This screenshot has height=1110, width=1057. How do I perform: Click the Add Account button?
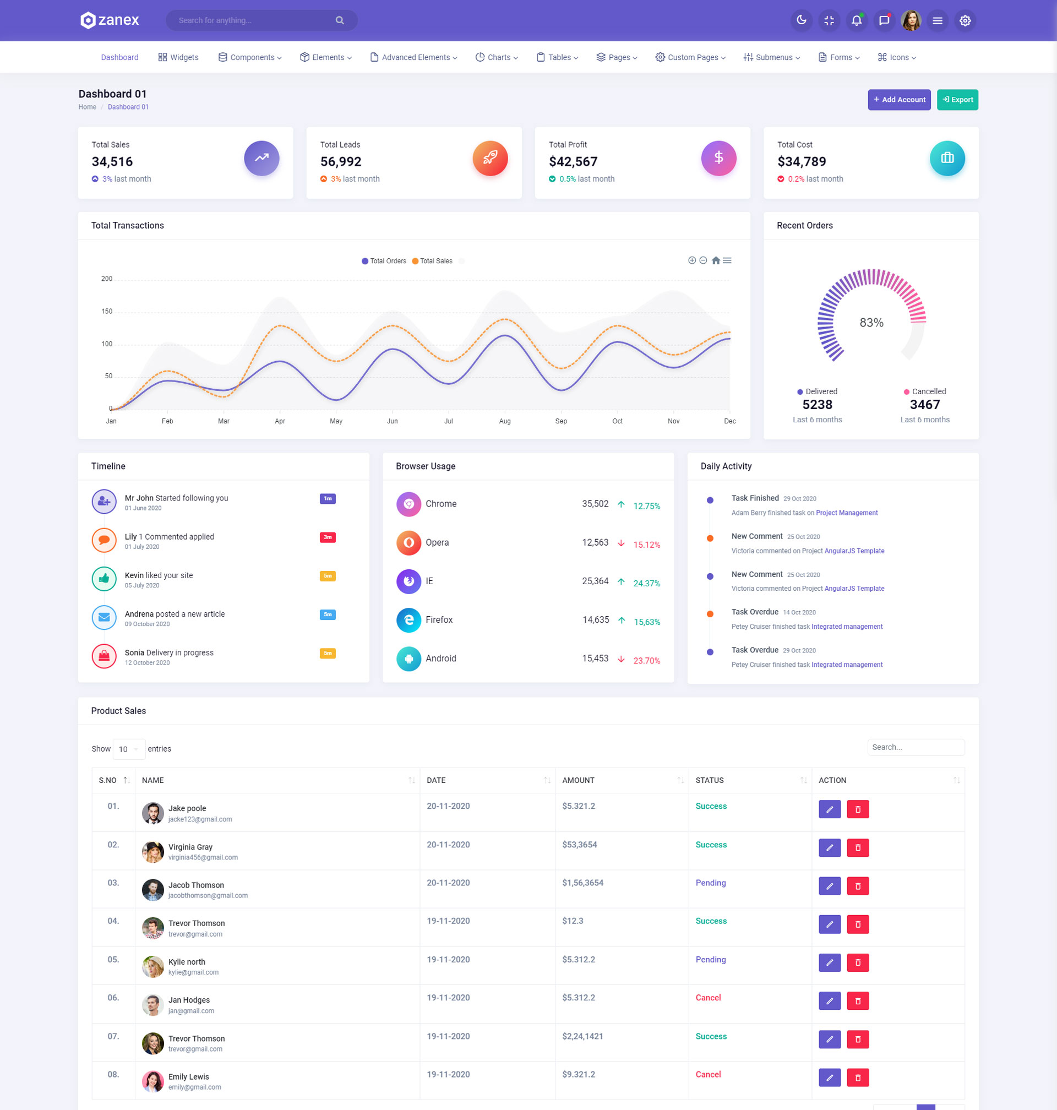pos(898,100)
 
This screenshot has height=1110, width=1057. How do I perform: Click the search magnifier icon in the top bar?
pos(340,20)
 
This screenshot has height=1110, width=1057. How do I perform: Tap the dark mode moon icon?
pos(801,20)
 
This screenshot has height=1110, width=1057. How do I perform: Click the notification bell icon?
pos(857,20)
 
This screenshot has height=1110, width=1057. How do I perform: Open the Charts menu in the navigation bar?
pos(497,57)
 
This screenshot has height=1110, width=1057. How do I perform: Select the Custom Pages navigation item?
pos(690,57)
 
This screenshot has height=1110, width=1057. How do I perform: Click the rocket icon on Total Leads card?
pos(489,158)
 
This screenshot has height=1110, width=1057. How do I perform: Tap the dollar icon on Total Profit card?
pos(718,158)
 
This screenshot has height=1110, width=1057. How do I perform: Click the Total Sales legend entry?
pos(432,261)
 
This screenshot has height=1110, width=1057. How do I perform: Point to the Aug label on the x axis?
pos(505,421)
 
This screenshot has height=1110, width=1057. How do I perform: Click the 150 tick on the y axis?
pos(106,311)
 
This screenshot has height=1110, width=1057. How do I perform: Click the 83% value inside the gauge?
pos(871,322)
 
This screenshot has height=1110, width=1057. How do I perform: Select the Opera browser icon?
pos(408,542)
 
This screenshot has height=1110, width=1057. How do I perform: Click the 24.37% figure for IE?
pos(646,583)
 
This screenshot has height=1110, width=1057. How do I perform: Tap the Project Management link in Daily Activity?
pos(846,513)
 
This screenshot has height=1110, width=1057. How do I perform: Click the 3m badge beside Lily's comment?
pos(328,537)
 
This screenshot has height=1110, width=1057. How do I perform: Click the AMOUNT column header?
pos(578,780)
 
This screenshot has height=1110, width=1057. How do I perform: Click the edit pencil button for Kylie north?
pos(830,962)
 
